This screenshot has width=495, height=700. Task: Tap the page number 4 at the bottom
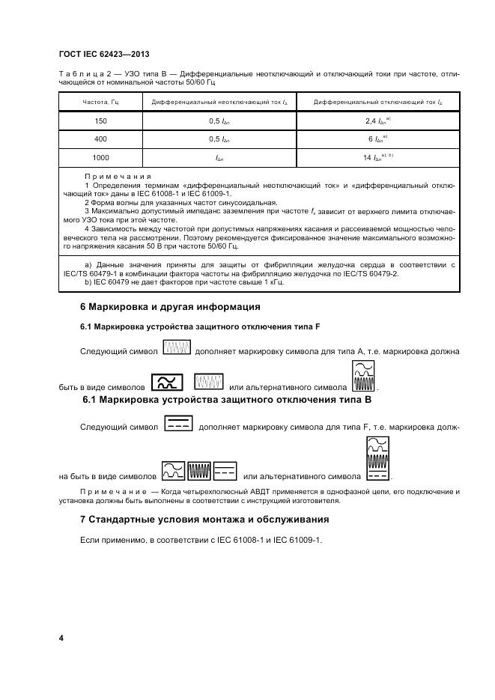pyautogui.click(x=61, y=638)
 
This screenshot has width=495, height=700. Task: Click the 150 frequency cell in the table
pyautogui.click(x=100, y=121)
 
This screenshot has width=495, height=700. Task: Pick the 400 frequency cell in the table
pyautogui.click(x=100, y=139)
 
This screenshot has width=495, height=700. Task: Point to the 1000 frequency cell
pyautogui.click(x=100, y=158)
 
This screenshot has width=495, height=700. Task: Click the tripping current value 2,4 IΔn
pyautogui.click(x=374, y=121)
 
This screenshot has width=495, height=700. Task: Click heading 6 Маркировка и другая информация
pyautogui.click(x=170, y=307)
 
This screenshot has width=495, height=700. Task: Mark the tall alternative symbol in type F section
pyautogui.click(x=363, y=377)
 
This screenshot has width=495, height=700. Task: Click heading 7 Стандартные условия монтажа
pyautogui.click(x=204, y=519)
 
